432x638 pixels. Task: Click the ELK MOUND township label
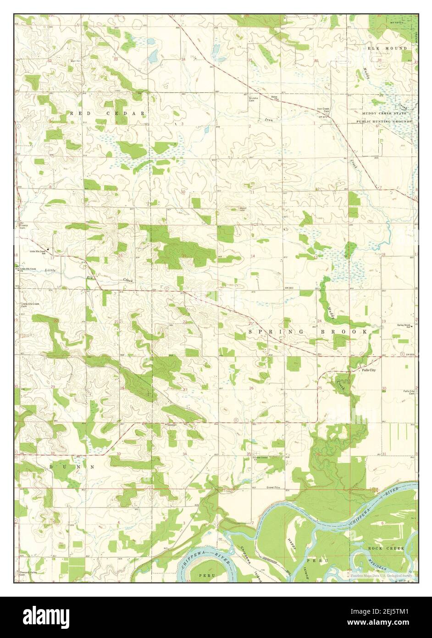pos(387,48)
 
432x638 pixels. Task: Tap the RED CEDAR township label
pos(109,113)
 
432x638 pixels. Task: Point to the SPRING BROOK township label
pos(308,331)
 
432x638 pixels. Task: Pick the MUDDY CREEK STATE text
pos(384,113)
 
